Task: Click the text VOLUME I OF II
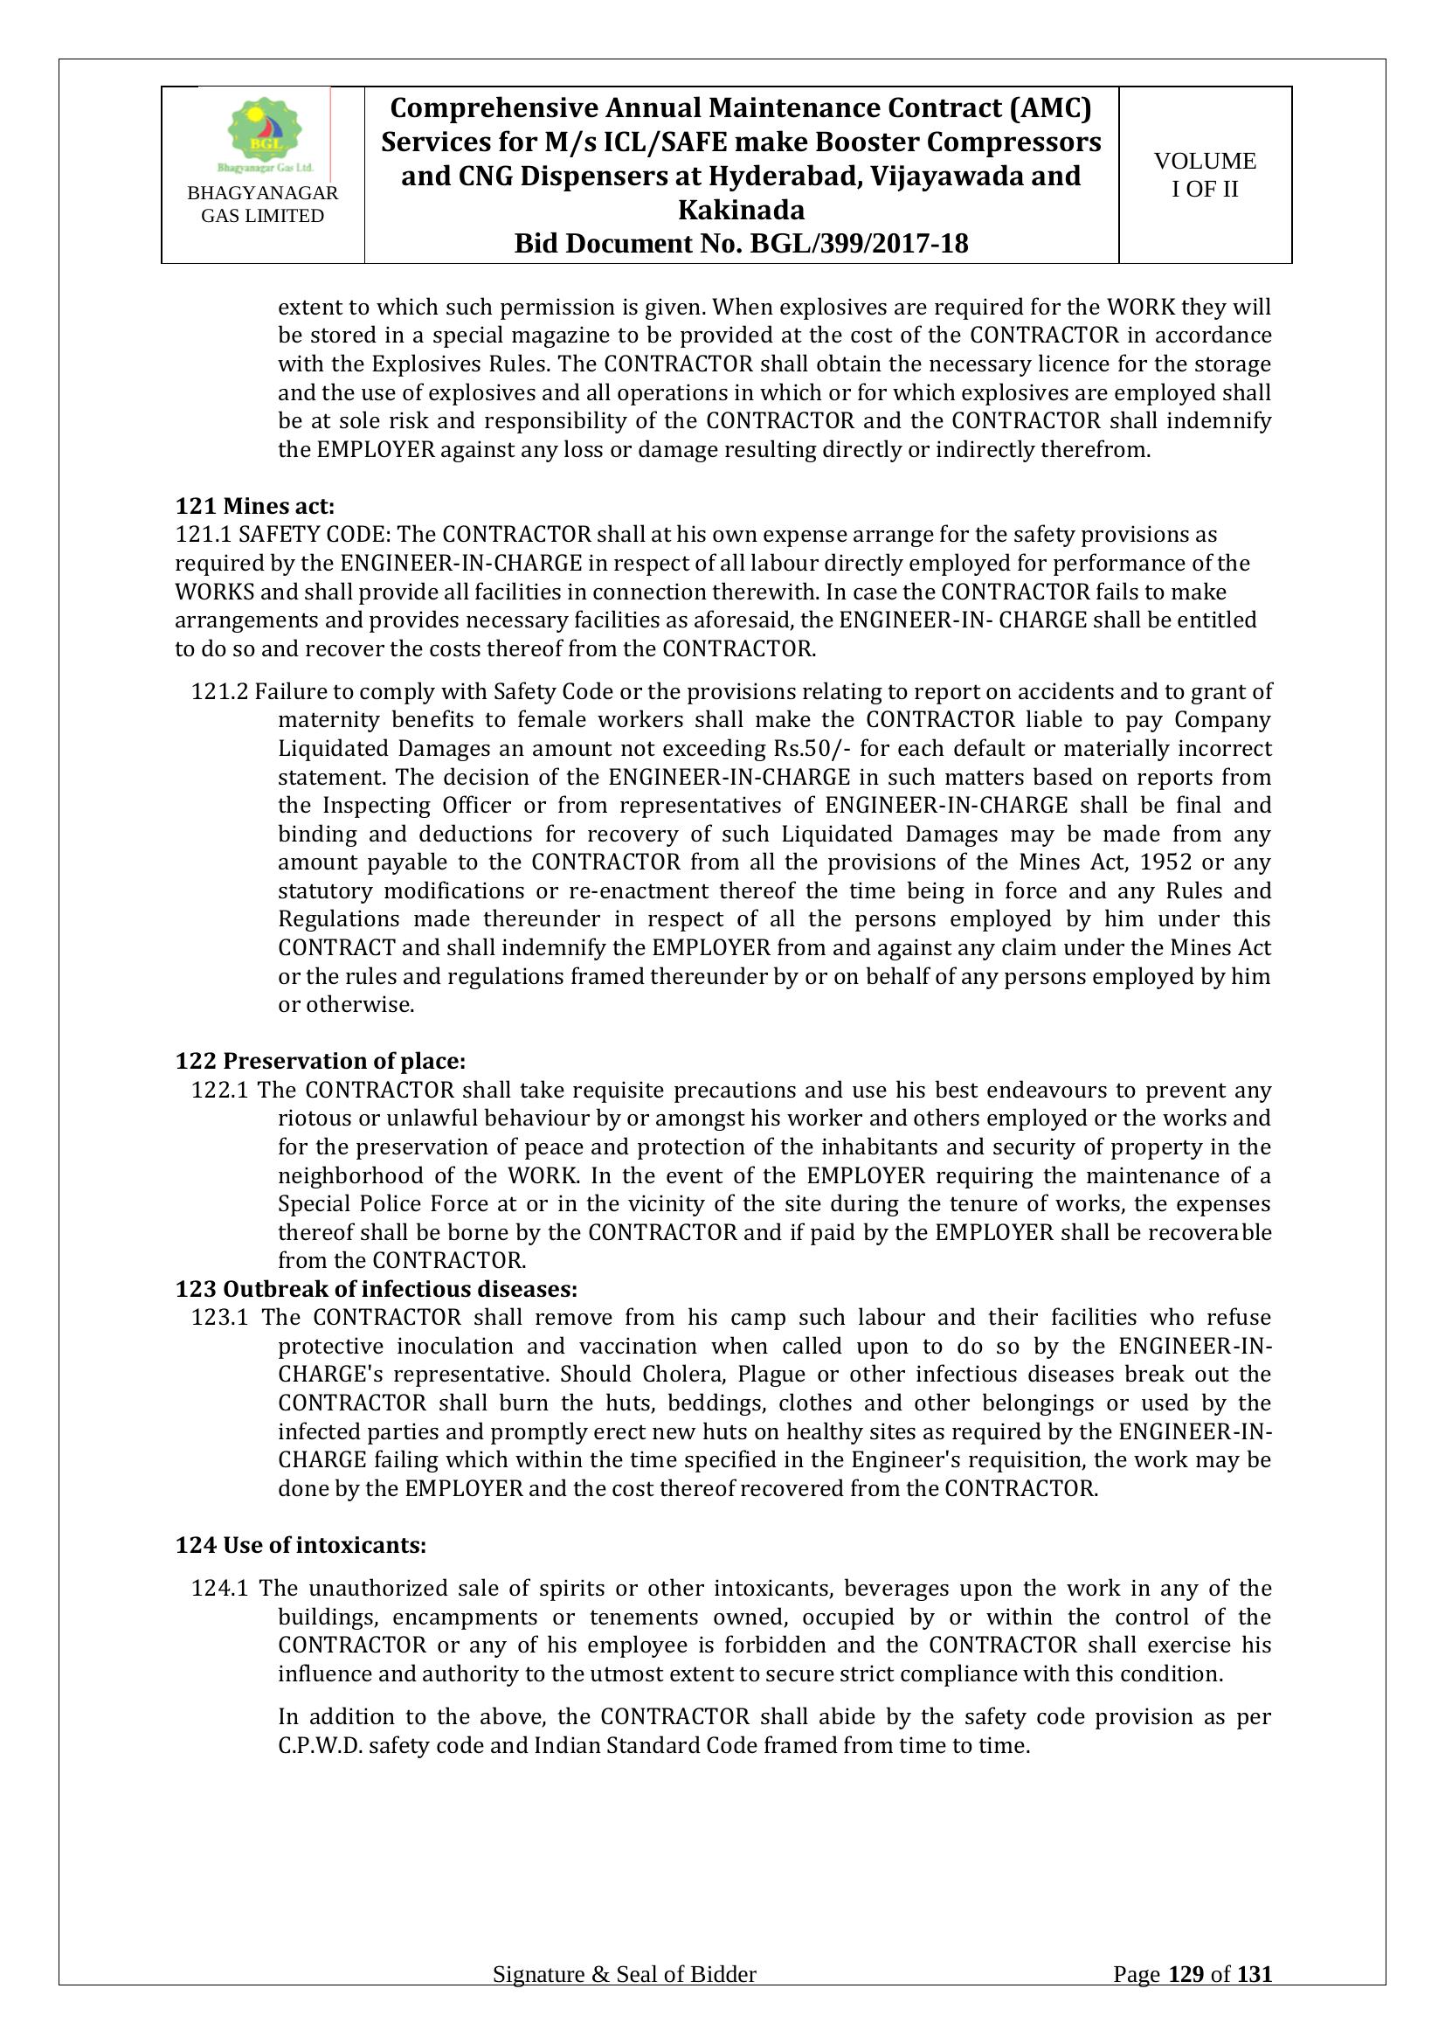tap(1205, 175)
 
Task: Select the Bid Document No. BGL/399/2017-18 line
tap(741, 244)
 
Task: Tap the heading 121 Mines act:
tap(255, 507)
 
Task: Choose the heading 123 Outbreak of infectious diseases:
tap(377, 1288)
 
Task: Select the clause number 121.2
tap(220, 692)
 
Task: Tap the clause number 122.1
tap(220, 1090)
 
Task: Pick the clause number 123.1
tap(220, 1317)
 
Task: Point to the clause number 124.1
tap(220, 1588)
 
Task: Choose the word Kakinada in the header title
tap(741, 210)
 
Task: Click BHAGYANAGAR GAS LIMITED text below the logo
tap(262, 204)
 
